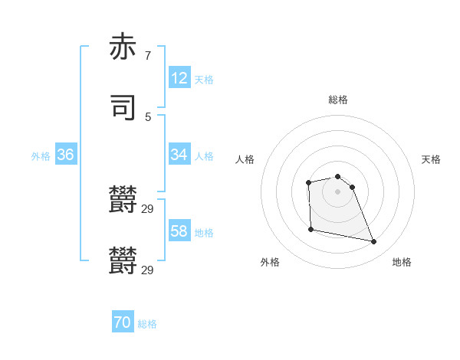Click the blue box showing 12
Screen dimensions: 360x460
click(x=179, y=78)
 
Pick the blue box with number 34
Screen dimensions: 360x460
click(x=179, y=155)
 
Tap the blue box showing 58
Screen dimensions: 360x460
click(x=179, y=231)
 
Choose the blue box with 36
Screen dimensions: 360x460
click(x=66, y=155)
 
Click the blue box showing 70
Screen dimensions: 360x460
click(x=123, y=322)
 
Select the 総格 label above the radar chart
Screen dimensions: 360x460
click(x=338, y=100)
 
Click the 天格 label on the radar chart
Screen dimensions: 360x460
click(x=431, y=159)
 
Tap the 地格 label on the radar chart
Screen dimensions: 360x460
click(x=402, y=262)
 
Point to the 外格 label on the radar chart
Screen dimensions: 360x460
click(x=270, y=262)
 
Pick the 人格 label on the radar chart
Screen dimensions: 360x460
click(x=245, y=159)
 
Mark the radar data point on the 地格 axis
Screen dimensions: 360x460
click(x=374, y=242)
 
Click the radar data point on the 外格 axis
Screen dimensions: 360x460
click(x=310, y=229)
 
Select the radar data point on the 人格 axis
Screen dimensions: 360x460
click(x=308, y=182)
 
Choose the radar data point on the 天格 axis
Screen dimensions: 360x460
click(x=352, y=187)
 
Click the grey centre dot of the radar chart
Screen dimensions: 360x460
click(x=338, y=191)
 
